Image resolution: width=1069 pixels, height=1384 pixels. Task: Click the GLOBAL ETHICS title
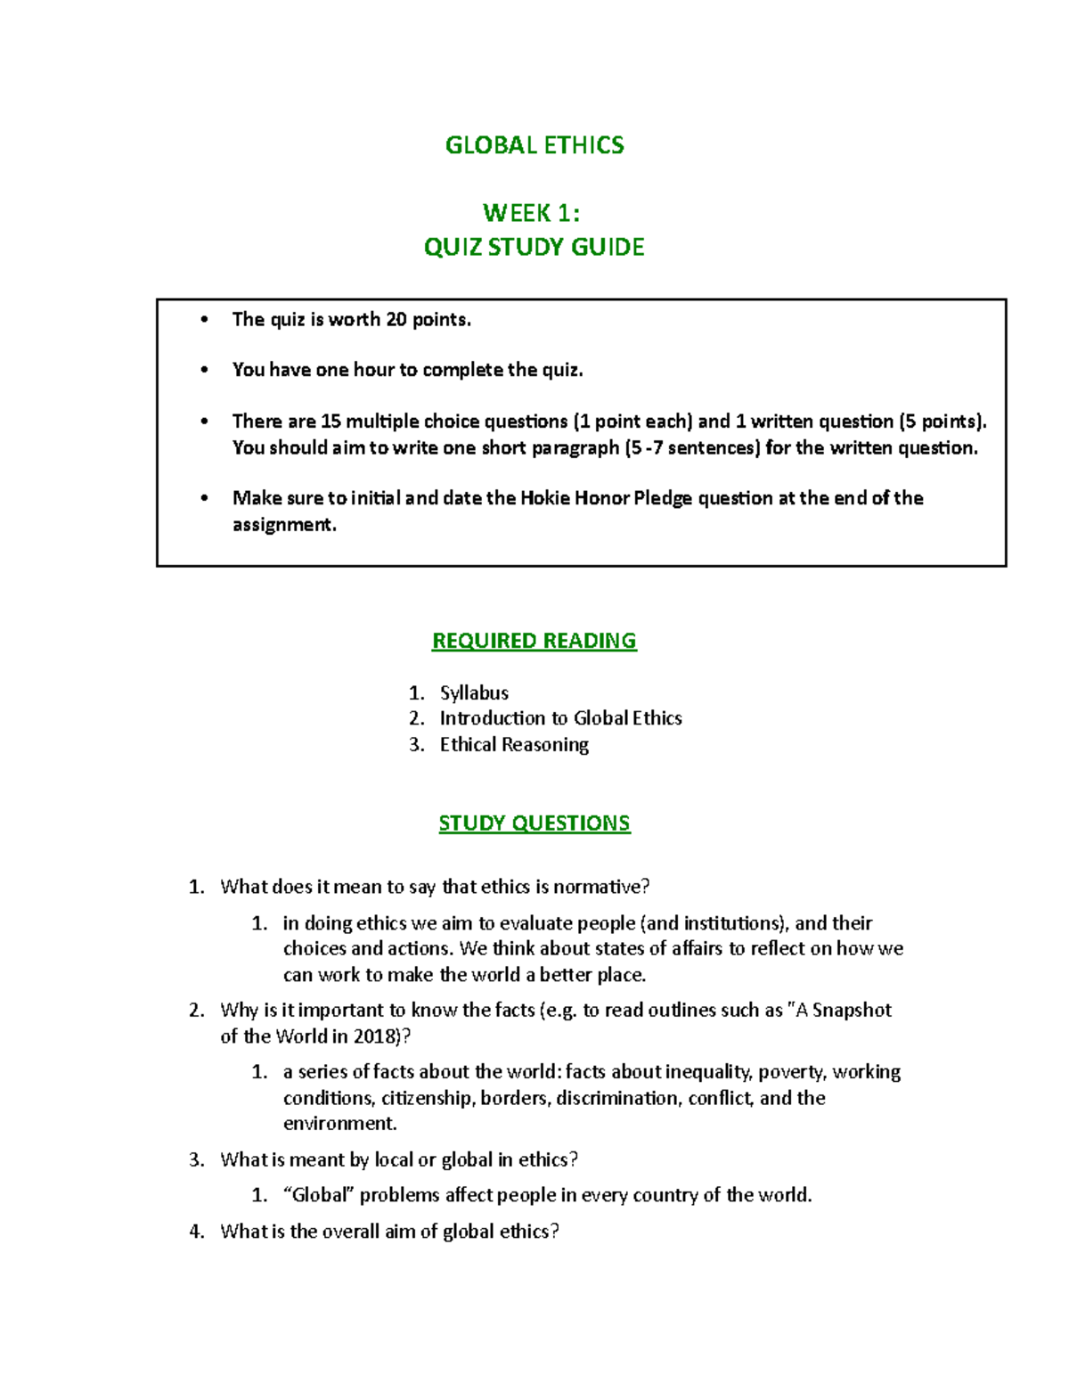point(534,145)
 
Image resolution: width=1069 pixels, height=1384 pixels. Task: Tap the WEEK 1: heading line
point(532,213)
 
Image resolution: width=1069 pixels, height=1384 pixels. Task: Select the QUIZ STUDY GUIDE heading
point(534,247)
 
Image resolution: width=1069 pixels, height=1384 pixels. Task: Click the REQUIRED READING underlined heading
point(534,641)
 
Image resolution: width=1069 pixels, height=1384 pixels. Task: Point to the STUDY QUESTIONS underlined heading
point(534,823)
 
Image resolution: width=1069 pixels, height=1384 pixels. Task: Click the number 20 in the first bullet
point(396,319)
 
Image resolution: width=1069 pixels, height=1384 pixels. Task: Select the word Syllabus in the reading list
point(474,692)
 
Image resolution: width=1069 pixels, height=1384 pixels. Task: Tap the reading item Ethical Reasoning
point(514,744)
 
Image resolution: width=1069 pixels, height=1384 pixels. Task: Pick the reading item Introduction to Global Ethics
point(560,718)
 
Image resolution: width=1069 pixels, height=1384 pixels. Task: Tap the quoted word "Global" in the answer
point(318,1195)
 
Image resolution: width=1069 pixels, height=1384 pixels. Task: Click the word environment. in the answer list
point(339,1123)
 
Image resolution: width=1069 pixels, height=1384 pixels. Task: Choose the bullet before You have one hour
point(205,370)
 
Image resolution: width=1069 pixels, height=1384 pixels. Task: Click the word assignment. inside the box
point(284,525)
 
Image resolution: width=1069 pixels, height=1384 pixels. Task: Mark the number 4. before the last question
point(197,1232)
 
